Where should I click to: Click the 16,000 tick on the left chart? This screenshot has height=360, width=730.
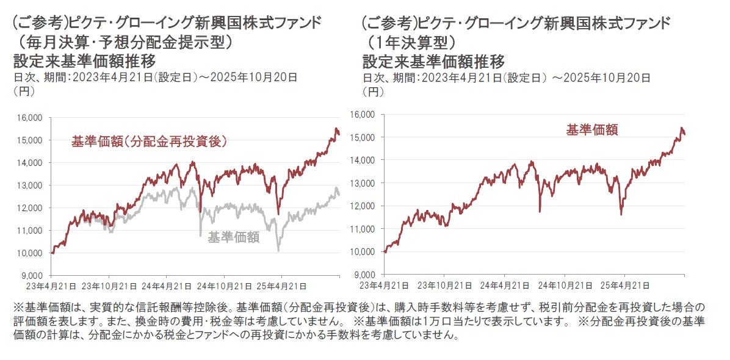tap(30, 117)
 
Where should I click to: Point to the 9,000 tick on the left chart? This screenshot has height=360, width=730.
tap(32, 275)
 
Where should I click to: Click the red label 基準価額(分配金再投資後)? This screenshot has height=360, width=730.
tap(150, 142)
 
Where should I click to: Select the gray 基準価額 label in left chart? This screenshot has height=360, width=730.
tap(234, 237)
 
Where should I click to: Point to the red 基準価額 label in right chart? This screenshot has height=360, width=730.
tap(591, 130)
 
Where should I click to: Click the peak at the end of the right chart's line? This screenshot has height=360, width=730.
tap(682, 128)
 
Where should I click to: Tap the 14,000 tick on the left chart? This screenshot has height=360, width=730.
tap(30, 162)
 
